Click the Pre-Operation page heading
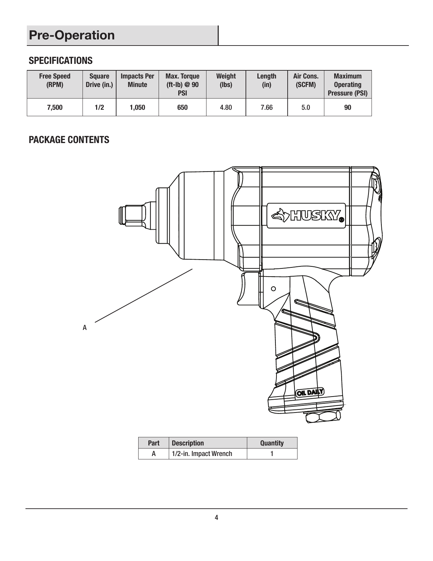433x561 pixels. [x=72, y=35]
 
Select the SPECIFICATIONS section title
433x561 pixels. [x=60, y=61]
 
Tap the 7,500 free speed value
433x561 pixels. [x=55, y=108]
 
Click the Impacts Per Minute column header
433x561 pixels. [x=137, y=80]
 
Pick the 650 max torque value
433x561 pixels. [x=182, y=108]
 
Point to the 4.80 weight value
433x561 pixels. [x=226, y=108]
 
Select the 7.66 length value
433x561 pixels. [x=267, y=108]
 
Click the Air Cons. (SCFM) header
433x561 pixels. [x=306, y=80]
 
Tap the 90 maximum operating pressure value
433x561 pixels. [x=348, y=108]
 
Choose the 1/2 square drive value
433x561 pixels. [x=99, y=108]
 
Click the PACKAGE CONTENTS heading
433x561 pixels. [x=69, y=140]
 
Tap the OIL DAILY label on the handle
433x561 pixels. [x=310, y=392]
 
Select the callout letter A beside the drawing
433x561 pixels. [x=85, y=328]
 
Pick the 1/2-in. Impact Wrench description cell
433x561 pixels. [x=202, y=454]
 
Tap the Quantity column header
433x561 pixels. [x=272, y=443]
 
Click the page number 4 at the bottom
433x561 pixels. [x=216, y=518]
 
